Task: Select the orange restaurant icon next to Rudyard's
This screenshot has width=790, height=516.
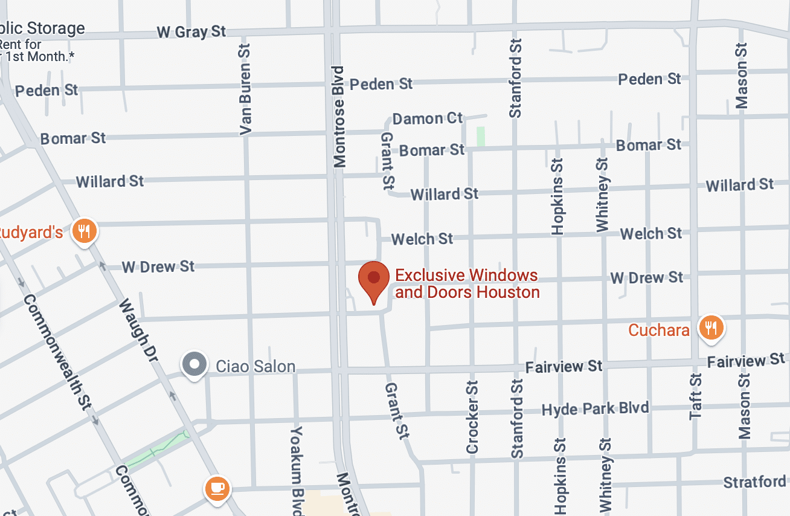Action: (x=85, y=230)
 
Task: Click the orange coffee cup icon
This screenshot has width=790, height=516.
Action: (x=217, y=487)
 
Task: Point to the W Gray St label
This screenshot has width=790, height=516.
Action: (x=191, y=31)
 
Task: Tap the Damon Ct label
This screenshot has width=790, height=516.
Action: (x=427, y=118)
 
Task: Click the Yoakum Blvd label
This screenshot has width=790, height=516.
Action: (x=297, y=468)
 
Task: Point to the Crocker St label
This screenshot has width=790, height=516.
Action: (x=472, y=417)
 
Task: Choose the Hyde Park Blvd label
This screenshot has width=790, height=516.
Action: (x=595, y=409)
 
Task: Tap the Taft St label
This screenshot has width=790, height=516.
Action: (x=696, y=396)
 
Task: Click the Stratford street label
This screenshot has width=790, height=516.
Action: (x=755, y=482)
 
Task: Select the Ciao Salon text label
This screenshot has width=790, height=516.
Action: (x=255, y=366)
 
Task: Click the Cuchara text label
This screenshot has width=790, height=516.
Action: (x=659, y=330)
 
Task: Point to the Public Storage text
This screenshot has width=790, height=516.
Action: (x=42, y=28)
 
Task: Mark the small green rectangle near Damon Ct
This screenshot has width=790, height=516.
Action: (x=480, y=135)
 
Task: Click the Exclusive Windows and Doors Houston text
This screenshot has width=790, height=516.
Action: (x=467, y=284)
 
